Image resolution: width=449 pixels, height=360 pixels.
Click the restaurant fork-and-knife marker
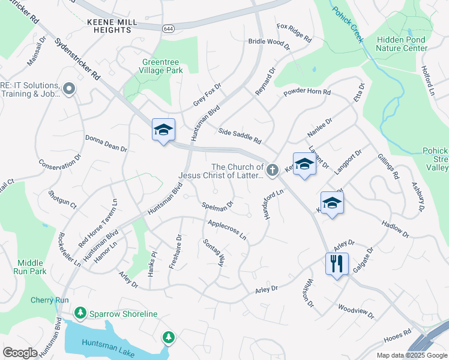tap(336, 263)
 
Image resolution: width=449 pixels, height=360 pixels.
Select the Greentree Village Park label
tap(162, 65)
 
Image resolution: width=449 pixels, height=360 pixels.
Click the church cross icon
tap(272, 171)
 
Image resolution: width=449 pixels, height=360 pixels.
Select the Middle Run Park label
tap(31, 267)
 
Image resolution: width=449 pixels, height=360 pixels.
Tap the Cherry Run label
tap(50, 300)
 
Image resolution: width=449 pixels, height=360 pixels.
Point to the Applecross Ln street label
tap(227, 230)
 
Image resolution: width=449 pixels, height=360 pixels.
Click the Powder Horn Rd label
tap(307, 92)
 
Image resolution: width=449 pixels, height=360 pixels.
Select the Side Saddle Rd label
tap(240, 136)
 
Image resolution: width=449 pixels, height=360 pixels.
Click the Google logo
tap(20, 353)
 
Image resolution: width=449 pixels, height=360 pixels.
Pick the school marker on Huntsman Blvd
tap(163, 130)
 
